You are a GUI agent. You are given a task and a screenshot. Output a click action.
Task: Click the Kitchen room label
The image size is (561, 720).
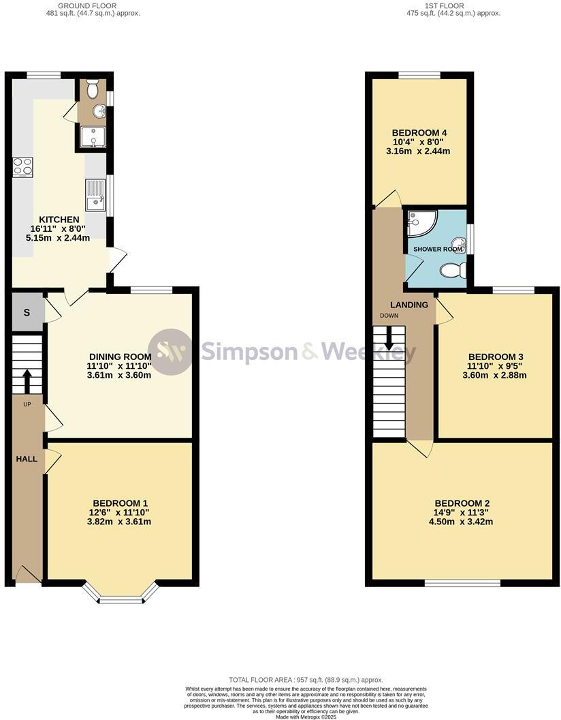click(x=60, y=219)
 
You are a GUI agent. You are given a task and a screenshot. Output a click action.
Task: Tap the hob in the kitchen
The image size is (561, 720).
click(x=22, y=166)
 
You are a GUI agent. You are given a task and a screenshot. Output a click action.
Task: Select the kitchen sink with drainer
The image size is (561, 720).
click(x=95, y=194)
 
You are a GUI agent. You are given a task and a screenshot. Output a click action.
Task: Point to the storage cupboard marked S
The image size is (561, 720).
click(x=27, y=312)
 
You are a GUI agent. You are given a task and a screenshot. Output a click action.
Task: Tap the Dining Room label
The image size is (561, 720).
click(x=120, y=357)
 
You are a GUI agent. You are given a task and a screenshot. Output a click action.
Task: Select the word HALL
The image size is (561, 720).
click(x=27, y=460)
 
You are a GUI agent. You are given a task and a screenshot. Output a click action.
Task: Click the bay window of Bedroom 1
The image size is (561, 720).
click(x=121, y=599)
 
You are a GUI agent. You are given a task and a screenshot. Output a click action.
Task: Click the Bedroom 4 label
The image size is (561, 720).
click(x=419, y=132)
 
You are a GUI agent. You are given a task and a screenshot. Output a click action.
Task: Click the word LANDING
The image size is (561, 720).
click(x=409, y=305)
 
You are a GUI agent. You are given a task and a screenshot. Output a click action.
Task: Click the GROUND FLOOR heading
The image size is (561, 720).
click(x=101, y=5)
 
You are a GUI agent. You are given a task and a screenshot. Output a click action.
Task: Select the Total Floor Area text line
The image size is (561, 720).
click(x=306, y=680)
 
